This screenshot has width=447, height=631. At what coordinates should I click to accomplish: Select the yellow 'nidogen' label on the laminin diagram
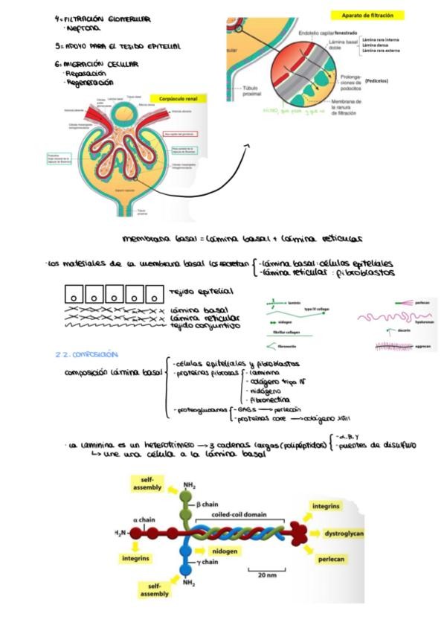(x=226, y=551)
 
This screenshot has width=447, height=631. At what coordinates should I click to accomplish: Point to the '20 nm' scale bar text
(x=267, y=575)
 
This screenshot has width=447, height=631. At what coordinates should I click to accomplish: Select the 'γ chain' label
(x=208, y=562)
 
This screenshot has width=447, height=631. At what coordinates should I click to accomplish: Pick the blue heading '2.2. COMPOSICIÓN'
(x=86, y=354)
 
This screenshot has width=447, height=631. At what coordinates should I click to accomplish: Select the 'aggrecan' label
(x=424, y=348)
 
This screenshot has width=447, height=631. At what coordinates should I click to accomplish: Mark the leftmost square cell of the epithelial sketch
(x=74, y=292)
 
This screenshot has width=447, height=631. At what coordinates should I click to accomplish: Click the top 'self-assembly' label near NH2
(x=147, y=483)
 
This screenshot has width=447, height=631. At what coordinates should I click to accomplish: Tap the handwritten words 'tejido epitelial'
(x=201, y=291)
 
